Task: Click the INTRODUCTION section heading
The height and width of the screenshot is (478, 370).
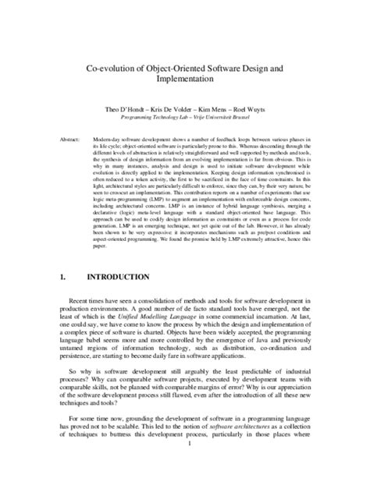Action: [118, 276]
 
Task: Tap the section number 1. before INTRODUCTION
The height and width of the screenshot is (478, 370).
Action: [62, 276]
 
